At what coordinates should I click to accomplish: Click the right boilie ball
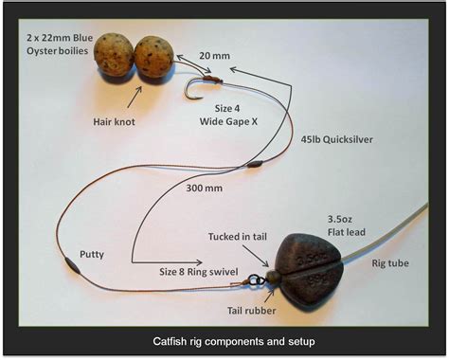click(x=153, y=57)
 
